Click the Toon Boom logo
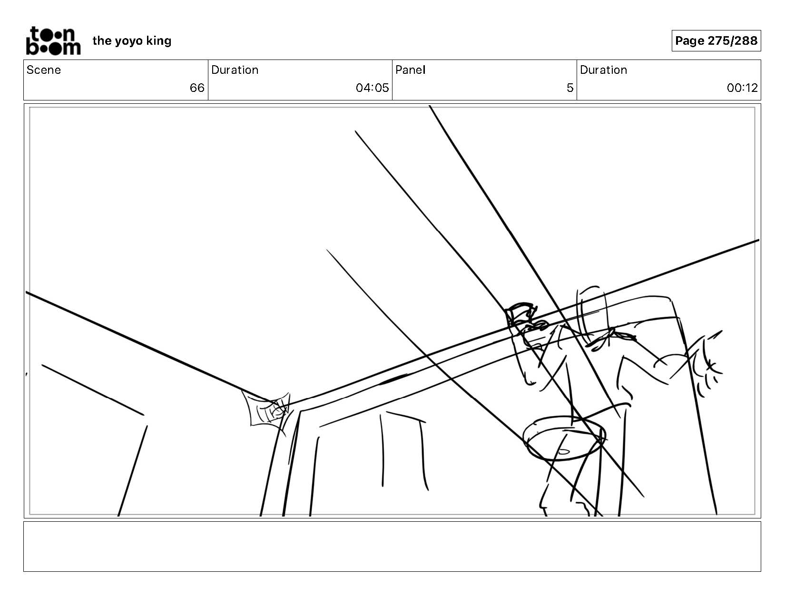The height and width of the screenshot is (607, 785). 53,41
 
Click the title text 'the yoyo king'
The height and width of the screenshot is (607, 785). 132,41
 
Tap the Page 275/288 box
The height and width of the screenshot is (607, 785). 716,41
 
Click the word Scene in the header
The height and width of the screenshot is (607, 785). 44,70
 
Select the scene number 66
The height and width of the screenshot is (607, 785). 196,88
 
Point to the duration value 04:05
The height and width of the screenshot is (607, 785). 372,88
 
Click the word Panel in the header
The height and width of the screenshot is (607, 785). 410,70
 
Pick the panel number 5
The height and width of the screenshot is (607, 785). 569,88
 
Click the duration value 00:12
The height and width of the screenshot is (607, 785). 742,88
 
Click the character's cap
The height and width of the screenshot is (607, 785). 520,313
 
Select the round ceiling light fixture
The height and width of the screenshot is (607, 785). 564,438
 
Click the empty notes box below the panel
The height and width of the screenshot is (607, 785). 392,546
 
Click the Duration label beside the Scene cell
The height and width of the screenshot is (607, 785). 235,70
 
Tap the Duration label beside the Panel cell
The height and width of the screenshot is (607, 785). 603,70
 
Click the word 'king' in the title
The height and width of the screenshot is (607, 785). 158,41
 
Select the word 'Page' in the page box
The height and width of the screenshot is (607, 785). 689,41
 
